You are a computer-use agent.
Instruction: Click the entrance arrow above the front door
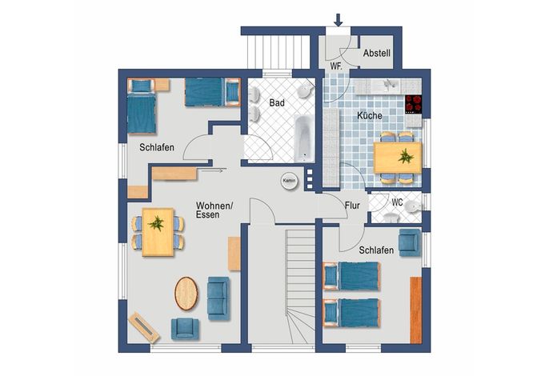(x=338, y=20)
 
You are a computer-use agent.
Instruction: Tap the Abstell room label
(x=376, y=54)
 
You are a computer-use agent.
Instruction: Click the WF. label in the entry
(x=336, y=66)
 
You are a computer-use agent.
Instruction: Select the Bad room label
(x=277, y=103)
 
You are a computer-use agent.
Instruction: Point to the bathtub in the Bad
(x=304, y=138)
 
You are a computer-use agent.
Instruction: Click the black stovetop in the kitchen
(x=414, y=104)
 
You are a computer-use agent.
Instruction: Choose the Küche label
(x=370, y=115)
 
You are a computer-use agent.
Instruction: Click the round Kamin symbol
(x=289, y=181)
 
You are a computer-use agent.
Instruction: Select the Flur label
(x=352, y=206)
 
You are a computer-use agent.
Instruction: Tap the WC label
(x=398, y=202)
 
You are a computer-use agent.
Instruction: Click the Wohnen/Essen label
(x=214, y=210)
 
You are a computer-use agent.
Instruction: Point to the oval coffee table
(x=186, y=294)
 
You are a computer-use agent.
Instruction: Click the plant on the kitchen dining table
(x=406, y=156)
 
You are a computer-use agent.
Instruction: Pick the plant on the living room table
(x=156, y=223)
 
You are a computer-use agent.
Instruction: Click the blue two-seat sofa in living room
(x=218, y=298)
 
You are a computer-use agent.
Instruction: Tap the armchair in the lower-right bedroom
(x=410, y=242)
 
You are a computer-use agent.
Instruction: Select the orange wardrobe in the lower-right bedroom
(x=416, y=310)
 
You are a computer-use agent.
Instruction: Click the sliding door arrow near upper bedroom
(x=211, y=170)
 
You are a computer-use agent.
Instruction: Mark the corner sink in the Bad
(x=306, y=90)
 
